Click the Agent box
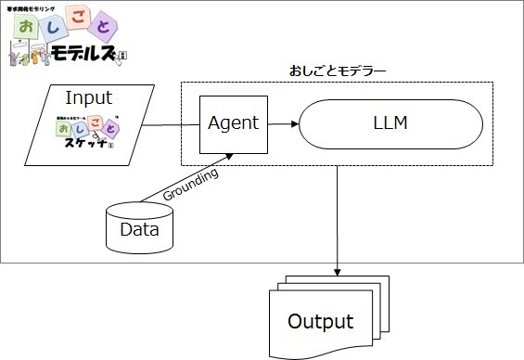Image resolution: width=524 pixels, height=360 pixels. tap(234, 122)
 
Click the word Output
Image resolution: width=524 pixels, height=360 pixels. tap(320, 322)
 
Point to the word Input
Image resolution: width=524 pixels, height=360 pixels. tap(88, 97)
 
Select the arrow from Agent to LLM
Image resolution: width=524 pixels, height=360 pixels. tap(282, 122)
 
